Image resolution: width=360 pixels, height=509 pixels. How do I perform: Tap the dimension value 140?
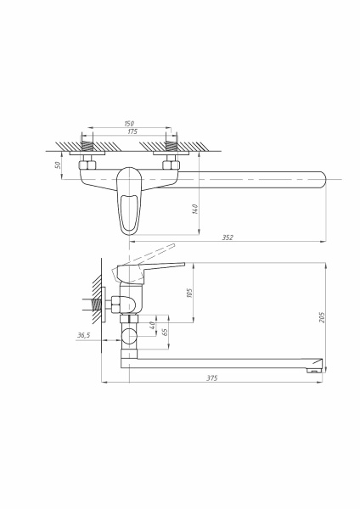pos(196,209)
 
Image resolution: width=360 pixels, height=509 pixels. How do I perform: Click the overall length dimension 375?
pos(211,378)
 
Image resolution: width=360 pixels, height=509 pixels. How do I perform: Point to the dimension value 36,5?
pos(83,337)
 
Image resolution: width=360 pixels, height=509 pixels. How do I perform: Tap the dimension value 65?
pos(165,333)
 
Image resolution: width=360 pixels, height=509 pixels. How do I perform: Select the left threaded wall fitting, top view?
pos(87,150)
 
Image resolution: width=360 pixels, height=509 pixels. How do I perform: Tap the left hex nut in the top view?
pos(87,166)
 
